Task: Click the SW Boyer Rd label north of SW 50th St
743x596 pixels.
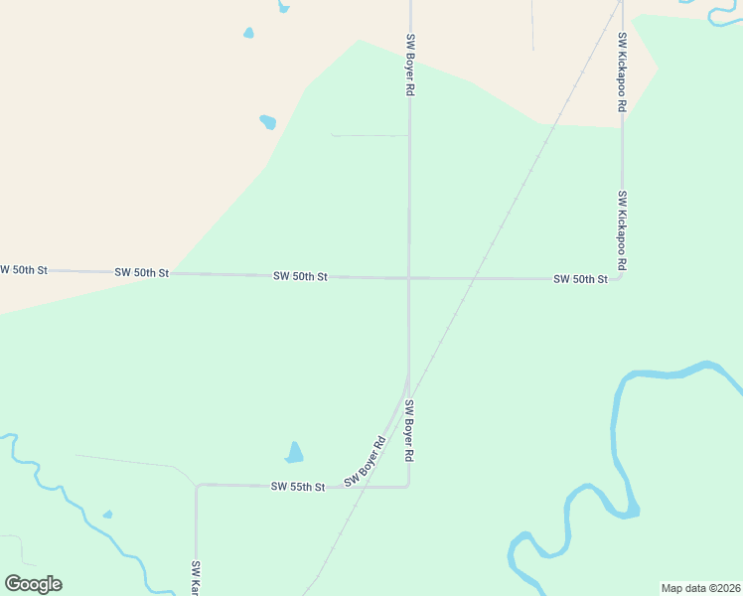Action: tap(409, 65)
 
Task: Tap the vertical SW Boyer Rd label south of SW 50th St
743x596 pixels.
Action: tap(408, 431)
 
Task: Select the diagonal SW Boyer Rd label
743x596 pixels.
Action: tap(365, 463)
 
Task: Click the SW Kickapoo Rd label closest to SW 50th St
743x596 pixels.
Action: tap(622, 230)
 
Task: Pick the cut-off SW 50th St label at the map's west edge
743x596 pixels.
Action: tap(23, 270)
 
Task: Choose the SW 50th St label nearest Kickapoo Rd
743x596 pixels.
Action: tap(580, 279)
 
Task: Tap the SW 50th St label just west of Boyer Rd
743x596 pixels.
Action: tap(300, 276)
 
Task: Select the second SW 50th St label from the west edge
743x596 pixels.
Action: tap(142, 272)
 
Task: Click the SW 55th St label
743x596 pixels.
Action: tap(298, 487)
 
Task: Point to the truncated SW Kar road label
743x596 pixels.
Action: tap(196, 577)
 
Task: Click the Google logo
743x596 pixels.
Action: tap(33, 583)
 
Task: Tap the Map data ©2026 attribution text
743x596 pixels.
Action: tap(700, 588)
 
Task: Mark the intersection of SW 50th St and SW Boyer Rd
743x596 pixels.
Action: tap(408, 278)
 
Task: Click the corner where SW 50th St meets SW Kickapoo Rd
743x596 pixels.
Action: tap(622, 279)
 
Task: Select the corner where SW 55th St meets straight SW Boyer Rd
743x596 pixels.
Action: tap(408, 487)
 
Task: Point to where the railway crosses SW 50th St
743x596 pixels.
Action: tap(473, 278)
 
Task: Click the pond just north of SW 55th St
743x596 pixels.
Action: tap(294, 453)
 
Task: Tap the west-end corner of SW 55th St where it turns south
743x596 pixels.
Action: tap(197, 486)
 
